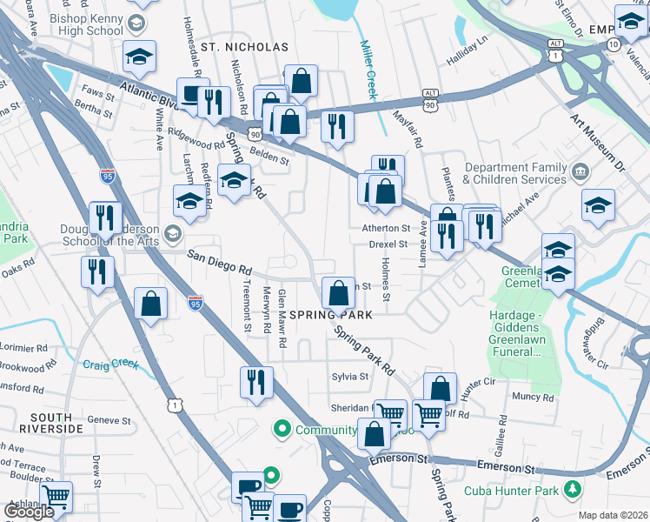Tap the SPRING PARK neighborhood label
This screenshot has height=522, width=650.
337,314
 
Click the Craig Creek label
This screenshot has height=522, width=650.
109,365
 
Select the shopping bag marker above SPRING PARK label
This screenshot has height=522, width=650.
337,292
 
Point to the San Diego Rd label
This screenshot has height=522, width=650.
221,259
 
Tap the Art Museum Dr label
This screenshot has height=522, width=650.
597,138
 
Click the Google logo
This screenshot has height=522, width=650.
28,512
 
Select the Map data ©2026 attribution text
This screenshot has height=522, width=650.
613,515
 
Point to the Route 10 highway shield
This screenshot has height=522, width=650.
614,43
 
